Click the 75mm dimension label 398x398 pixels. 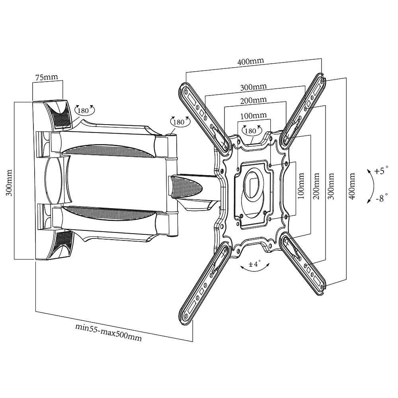pos(47,77)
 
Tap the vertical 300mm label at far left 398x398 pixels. pos(10,183)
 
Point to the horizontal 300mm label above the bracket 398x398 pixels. pos(254,87)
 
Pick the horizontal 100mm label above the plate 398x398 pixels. pos(254,116)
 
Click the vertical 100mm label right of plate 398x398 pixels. pos(301,186)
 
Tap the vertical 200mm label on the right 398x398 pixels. pos(316,186)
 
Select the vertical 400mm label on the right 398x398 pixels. pos(352,186)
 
